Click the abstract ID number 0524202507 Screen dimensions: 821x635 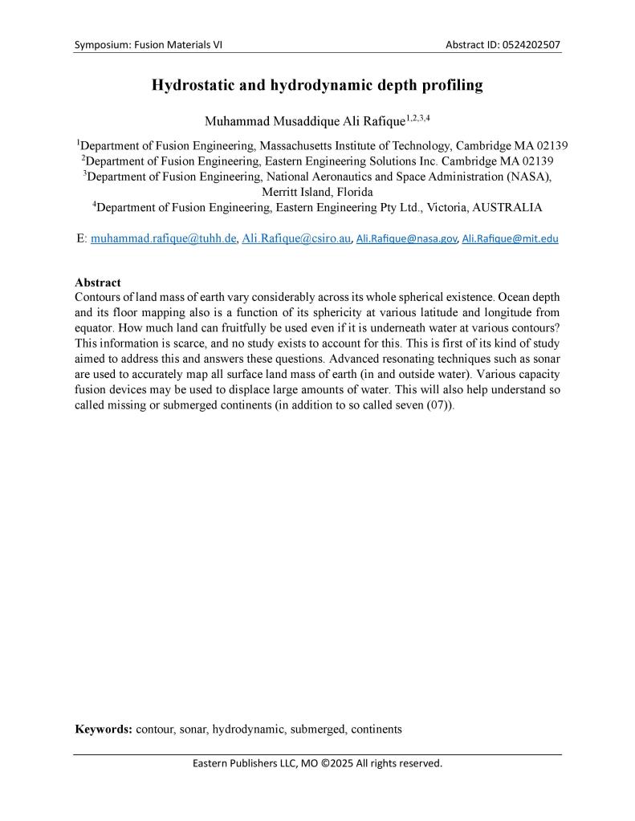[528, 45]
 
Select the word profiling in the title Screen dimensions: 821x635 [454, 85]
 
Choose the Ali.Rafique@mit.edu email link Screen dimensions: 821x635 [510, 238]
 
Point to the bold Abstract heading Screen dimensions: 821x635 [98, 282]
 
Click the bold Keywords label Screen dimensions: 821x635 [104, 730]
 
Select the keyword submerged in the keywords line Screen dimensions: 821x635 [316, 730]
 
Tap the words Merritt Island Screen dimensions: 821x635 [292, 193]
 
